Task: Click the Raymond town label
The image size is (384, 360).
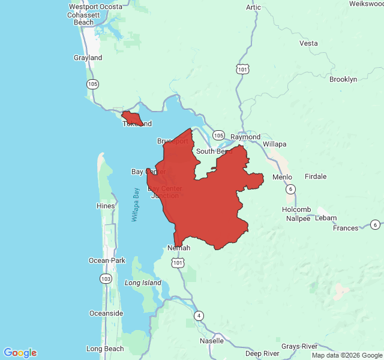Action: pyautogui.click(x=246, y=137)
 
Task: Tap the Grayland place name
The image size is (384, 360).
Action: pyautogui.click(x=88, y=58)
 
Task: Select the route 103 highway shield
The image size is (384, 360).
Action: pyautogui.click(x=106, y=279)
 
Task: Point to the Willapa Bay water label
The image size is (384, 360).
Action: pyautogui.click(x=136, y=205)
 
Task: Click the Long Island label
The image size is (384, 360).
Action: pyautogui.click(x=143, y=283)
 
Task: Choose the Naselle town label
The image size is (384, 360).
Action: pyautogui.click(x=212, y=340)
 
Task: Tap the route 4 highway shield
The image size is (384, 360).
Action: pyautogui.click(x=199, y=316)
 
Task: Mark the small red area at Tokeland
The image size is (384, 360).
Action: pyautogui.click(x=132, y=118)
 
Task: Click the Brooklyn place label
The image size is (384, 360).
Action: pyautogui.click(x=343, y=79)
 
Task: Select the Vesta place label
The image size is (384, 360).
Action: pyautogui.click(x=308, y=43)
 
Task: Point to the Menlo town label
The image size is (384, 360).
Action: pyautogui.click(x=282, y=177)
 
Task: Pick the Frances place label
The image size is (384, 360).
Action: pyautogui.click(x=346, y=228)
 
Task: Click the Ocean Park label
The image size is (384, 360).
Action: pyautogui.click(x=107, y=260)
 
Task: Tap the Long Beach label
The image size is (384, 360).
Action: pyautogui.click(x=105, y=349)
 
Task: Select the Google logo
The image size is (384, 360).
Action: pyautogui.click(x=20, y=352)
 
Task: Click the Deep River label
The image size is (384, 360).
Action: pyautogui.click(x=262, y=353)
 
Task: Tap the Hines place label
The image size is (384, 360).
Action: pyautogui.click(x=106, y=206)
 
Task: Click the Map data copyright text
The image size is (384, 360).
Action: pyautogui.click(x=346, y=355)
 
